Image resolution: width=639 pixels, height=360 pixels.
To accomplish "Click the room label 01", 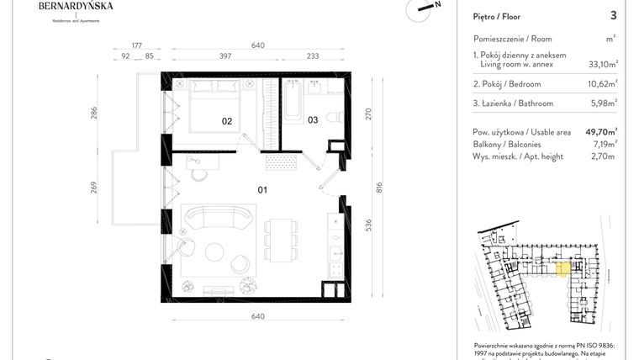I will (x=262, y=190).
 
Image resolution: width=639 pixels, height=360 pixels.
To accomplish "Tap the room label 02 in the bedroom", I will (x=226, y=121).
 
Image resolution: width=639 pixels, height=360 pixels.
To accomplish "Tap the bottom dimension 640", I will (x=257, y=316).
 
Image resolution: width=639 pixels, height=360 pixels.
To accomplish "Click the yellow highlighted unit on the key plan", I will (x=564, y=269).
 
